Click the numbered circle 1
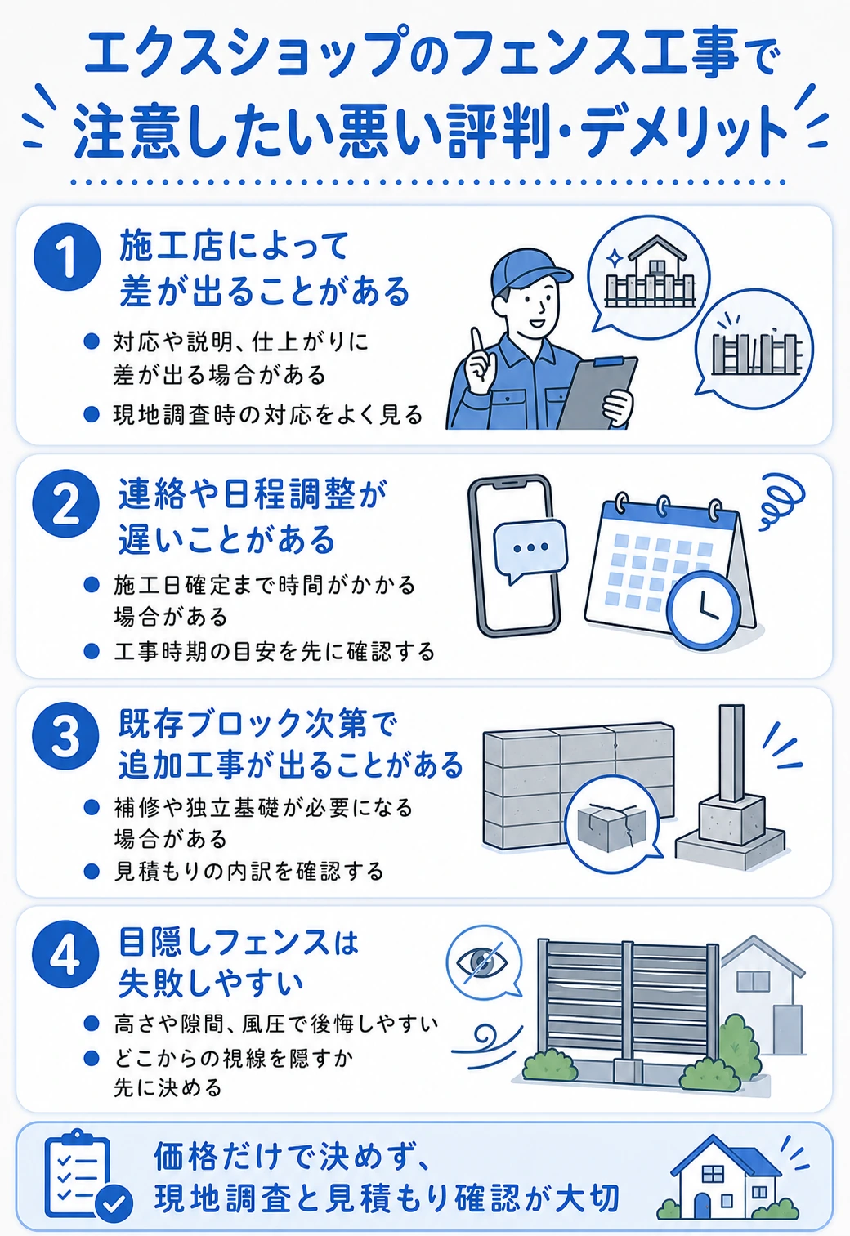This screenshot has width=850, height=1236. [x=67, y=257]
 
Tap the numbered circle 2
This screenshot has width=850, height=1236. [x=66, y=503]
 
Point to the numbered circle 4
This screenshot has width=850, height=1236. [x=65, y=954]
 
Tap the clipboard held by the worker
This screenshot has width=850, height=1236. [x=599, y=392]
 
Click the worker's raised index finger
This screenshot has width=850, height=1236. [x=475, y=343]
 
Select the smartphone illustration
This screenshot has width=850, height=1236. [x=514, y=556]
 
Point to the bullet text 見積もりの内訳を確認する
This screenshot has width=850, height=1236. [x=249, y=872]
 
